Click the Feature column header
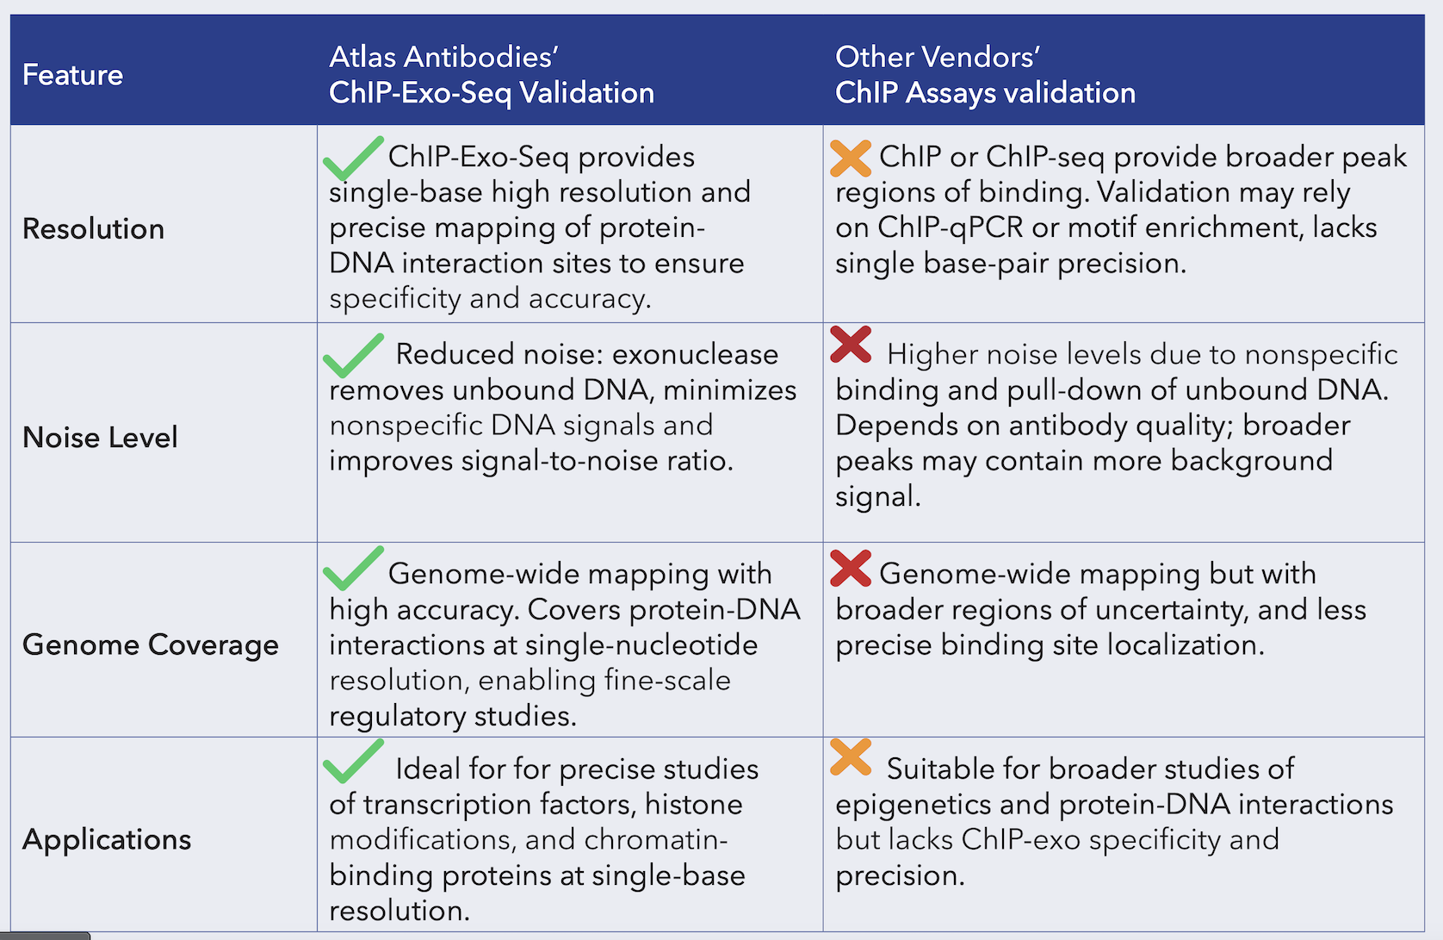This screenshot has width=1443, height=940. (73, 75)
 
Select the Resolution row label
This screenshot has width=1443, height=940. (93, 229)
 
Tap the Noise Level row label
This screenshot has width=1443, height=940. (100, 437)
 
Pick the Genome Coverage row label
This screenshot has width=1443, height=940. (150, 645)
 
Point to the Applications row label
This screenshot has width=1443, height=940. (107, 840)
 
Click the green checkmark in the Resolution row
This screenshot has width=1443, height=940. (353, 159)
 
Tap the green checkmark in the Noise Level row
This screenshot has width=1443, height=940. (353, 355)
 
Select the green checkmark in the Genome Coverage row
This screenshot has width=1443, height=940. (353, 568)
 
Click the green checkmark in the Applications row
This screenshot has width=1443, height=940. (353, 762)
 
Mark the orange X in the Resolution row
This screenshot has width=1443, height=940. (851, 159)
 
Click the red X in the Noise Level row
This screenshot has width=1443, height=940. (851, 345)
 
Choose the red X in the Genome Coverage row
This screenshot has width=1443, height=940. (851, 568)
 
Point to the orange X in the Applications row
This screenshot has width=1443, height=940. (851, 756)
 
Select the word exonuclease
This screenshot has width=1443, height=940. (695, 355)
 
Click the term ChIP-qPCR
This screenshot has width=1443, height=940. (951, 228)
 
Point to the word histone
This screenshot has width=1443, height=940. (694, 805)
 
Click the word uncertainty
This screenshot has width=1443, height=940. (1167, 611)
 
